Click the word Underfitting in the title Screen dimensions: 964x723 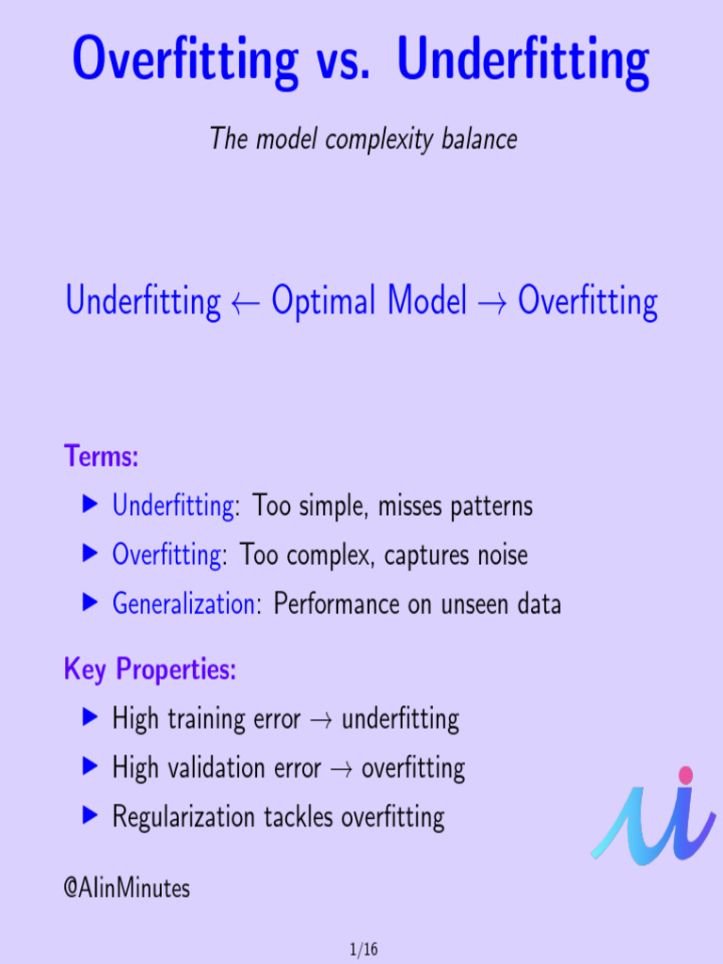523,60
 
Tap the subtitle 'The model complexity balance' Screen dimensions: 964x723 363,139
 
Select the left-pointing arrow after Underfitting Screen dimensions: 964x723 246,303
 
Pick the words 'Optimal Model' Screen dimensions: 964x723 369,302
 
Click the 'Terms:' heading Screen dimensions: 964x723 102,458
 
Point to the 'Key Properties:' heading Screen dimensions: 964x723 150,670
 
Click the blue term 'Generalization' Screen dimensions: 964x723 184,603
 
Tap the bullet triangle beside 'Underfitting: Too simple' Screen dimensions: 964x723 90,506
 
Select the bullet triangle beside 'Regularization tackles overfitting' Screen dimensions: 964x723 90,816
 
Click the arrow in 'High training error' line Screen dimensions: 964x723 321,721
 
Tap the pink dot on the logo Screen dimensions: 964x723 685,775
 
